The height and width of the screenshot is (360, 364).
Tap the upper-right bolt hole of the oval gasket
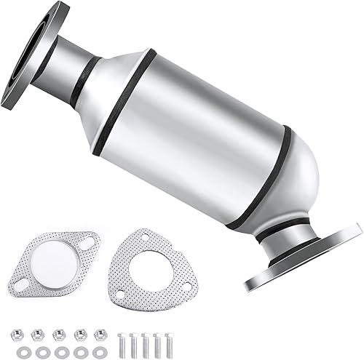(x=85, y=241)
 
